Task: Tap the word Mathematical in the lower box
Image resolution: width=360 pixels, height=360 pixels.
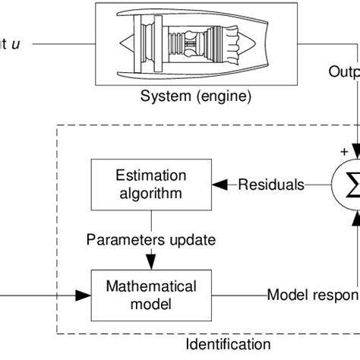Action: pyautogui.click(x=150, y=286)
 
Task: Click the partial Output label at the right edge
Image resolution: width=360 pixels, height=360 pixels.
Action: pyautogui.click(x=343, y=73)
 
